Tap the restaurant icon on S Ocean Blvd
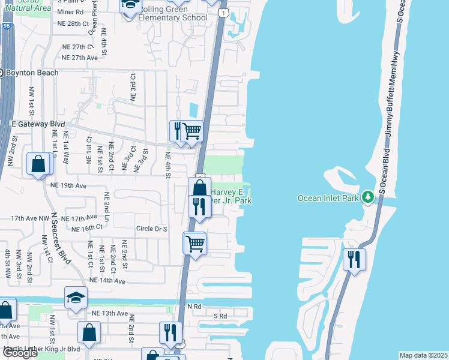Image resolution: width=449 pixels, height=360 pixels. [x=354, y=259]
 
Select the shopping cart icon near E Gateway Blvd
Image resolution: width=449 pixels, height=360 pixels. [x=191, y=130]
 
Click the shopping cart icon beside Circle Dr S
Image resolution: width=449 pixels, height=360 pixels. [x=194, y=244]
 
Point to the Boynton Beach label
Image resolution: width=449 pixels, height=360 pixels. [x=32, y=73]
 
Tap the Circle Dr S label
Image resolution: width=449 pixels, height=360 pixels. [x=151, y=229]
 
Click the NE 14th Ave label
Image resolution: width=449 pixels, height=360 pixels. [x=107, y=280]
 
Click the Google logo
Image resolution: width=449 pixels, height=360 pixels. [x=20, y=353]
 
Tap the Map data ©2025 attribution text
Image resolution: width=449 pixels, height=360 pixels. [x=424, y=355]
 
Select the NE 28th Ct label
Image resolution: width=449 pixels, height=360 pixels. [x=75, y=23]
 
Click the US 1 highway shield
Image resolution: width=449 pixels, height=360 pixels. [x=223, y=13]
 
